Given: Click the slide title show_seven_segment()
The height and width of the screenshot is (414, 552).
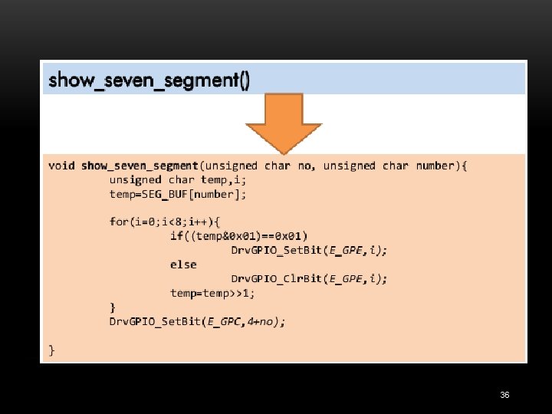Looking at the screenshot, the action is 149,80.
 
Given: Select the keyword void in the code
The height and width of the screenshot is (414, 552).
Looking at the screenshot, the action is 61,166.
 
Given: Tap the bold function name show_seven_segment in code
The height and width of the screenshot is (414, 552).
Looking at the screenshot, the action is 140,166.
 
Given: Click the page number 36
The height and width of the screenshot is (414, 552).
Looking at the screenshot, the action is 504,395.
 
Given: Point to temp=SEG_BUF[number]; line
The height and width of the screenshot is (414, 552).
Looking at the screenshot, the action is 178,195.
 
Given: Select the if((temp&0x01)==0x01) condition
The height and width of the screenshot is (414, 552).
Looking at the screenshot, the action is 238,235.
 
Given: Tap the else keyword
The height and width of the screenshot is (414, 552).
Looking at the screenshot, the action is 183,264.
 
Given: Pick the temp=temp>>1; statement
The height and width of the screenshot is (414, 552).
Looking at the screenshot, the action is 213,293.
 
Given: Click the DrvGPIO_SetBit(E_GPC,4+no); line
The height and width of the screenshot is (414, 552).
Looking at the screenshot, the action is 197,322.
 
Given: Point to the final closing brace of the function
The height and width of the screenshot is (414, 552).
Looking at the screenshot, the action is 52,350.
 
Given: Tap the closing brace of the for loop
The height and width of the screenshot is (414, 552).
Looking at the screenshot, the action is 113,307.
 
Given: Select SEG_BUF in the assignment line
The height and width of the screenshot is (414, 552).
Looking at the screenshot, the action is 166,195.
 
